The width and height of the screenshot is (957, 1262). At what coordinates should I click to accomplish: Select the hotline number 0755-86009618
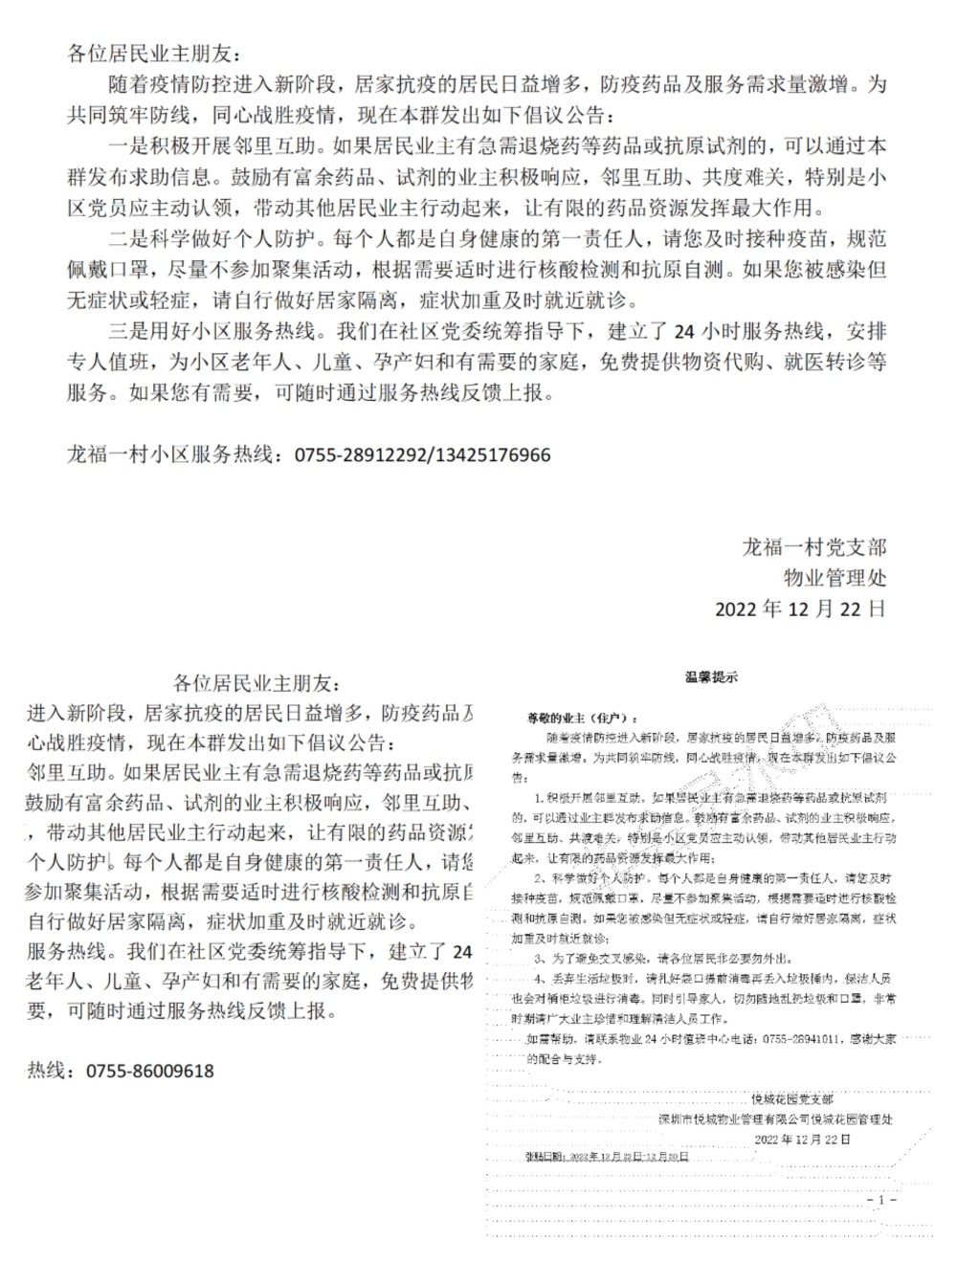150,1072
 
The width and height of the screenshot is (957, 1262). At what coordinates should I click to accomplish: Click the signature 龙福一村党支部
814,547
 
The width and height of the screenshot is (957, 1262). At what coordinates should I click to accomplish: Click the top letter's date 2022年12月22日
800,609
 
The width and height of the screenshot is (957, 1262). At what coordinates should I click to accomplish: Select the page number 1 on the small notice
880,1199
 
